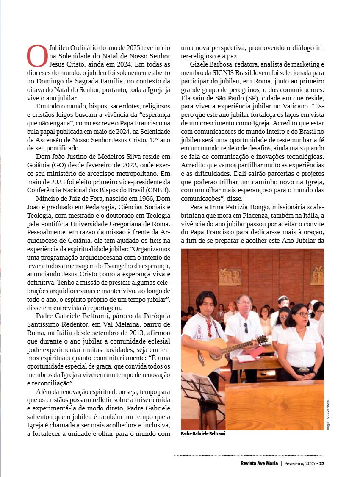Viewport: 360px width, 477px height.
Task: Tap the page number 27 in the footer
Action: click(x=321, y=463)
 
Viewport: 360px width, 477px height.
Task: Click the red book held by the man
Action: click(x=257, y=350)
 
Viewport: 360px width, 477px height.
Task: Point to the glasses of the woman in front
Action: click(x=302, y=314)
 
